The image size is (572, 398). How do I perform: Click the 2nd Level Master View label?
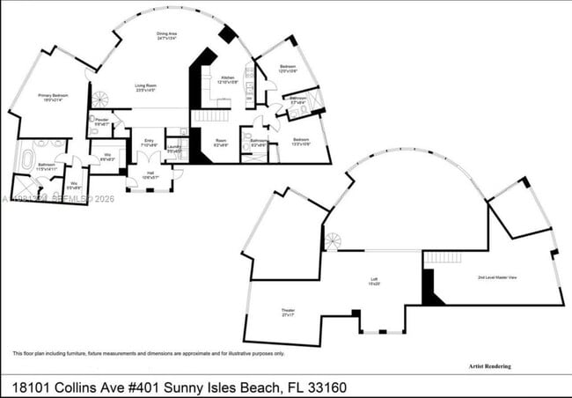click(497, 277)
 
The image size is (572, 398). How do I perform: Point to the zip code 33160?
click(354, 387)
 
